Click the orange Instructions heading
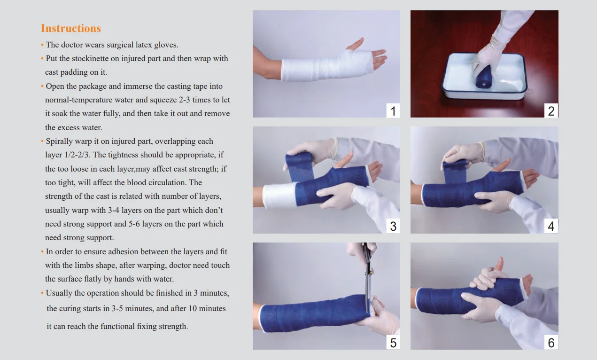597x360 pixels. click(x=71, y=28)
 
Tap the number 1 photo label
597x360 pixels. click(x=393, y=111)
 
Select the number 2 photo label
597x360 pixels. click(x=551, y=111)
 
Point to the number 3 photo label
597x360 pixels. click(x=393, y=227)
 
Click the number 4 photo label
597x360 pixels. click(x=551, y=227)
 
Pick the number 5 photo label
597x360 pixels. click(x=393, y=343)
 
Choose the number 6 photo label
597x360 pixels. click(x=551, y=343)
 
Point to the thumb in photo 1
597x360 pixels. click(x=355, y=44)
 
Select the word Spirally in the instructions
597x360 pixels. click(x=60, y=141)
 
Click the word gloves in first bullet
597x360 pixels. click(x=167, y=45)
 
